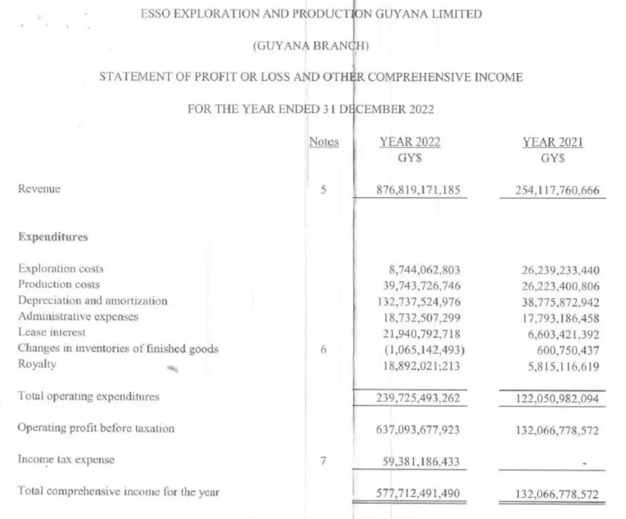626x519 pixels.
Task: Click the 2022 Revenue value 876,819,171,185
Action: pos(418,190)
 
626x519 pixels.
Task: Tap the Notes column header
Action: pos(323,142)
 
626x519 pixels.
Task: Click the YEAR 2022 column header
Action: pos(410,142)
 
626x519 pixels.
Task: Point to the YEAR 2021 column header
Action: pos(553,142)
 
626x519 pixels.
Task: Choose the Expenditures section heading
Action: pos(53,237)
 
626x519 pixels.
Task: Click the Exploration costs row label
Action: pos(61,269)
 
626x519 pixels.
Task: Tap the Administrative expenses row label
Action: pos(78,316)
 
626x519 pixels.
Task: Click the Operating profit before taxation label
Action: pos(96,428)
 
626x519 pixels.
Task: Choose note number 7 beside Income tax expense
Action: pos(323,459)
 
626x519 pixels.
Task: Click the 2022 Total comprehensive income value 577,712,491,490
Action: pos(418,492)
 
